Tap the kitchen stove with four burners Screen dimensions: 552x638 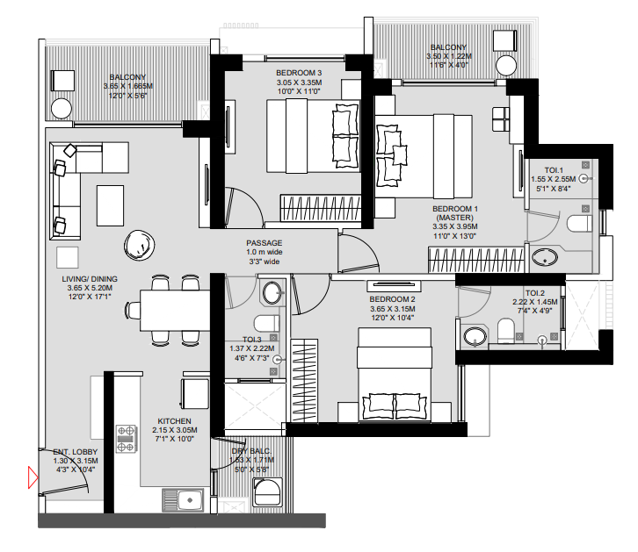point(127,438)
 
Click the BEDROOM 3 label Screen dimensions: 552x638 point(298,72)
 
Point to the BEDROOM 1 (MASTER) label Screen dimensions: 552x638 point(454,214)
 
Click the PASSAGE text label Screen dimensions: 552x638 point(264,243)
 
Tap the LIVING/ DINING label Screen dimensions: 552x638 point(83,279)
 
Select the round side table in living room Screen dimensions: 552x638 point(138,242)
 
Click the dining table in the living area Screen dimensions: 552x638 point(175,310)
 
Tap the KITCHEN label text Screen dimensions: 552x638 point(168,421)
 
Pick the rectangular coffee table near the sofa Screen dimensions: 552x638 point(111,204)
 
